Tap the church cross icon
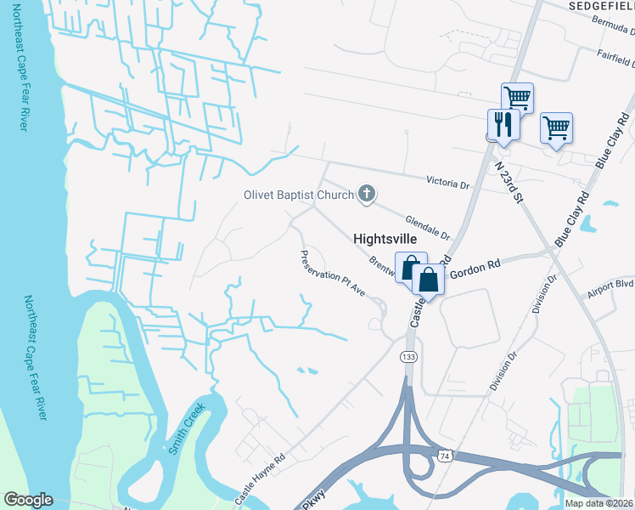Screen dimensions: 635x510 [x=367, y=195]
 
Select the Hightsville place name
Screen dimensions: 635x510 [x=384, y=241]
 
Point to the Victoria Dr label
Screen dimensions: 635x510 [x=448, y=183]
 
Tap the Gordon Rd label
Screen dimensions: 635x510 [x=476, y=269]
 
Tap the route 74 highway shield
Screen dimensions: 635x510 [x=444, y=456]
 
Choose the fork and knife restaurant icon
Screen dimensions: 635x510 [x=503, y=124]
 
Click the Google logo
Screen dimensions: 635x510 [x=28, y=500]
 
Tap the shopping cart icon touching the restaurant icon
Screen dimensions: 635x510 [x=516, y=98]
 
